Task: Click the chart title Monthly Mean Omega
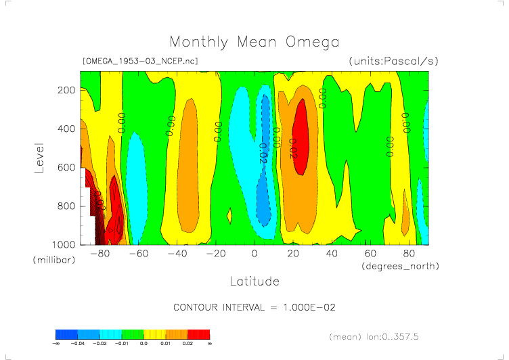point(254,43)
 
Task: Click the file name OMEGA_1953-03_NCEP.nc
point(139,61)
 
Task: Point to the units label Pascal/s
point(393,61)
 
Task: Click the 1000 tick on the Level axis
point(64,244)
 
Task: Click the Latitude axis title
point(254,281)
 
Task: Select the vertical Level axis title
point(39,157)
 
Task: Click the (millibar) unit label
point(51,261)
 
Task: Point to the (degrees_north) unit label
point(399,267)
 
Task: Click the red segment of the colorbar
point(199,334)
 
